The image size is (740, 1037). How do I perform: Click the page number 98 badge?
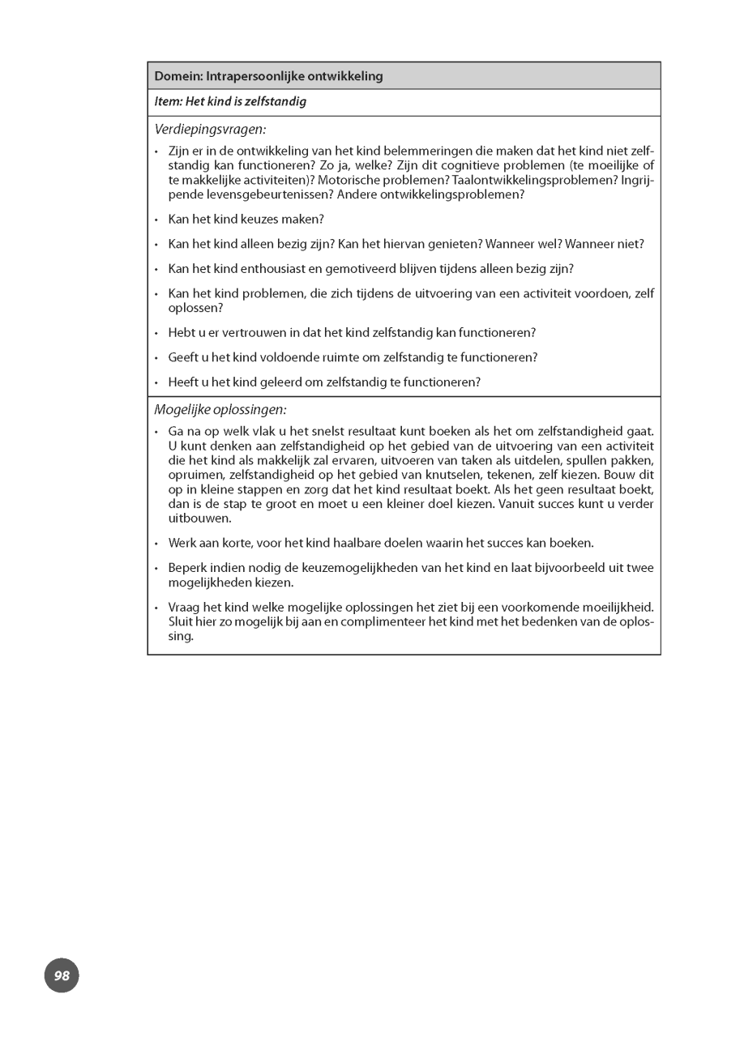[x=62, y=975]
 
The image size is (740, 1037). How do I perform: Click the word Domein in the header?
[x=178, y=76]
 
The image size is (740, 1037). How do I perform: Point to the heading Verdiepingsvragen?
[x=210, y=129]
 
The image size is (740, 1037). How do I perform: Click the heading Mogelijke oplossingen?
[x=220, y=410]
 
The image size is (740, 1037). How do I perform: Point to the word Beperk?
[x=186, y=568]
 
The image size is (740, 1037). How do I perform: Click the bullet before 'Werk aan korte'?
[x=156, y=544]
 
